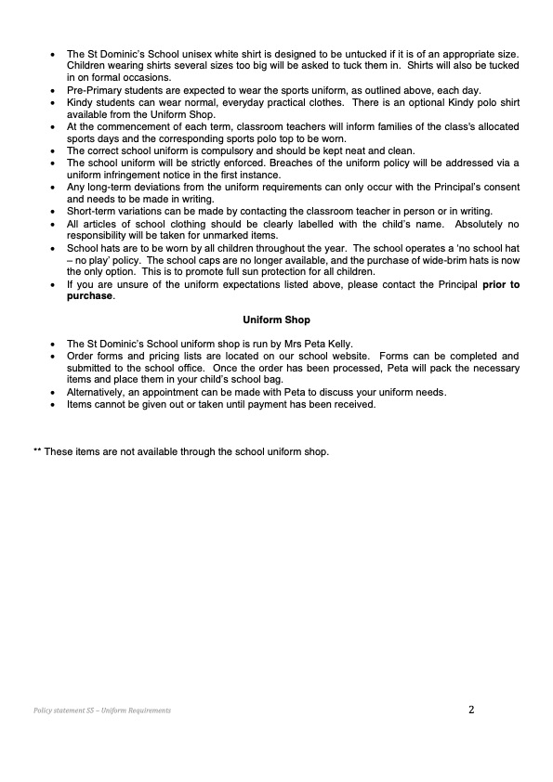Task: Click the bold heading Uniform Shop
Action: coord(276,320)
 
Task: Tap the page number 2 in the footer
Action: coord(471,710)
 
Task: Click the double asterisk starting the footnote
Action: coord(37,451)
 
